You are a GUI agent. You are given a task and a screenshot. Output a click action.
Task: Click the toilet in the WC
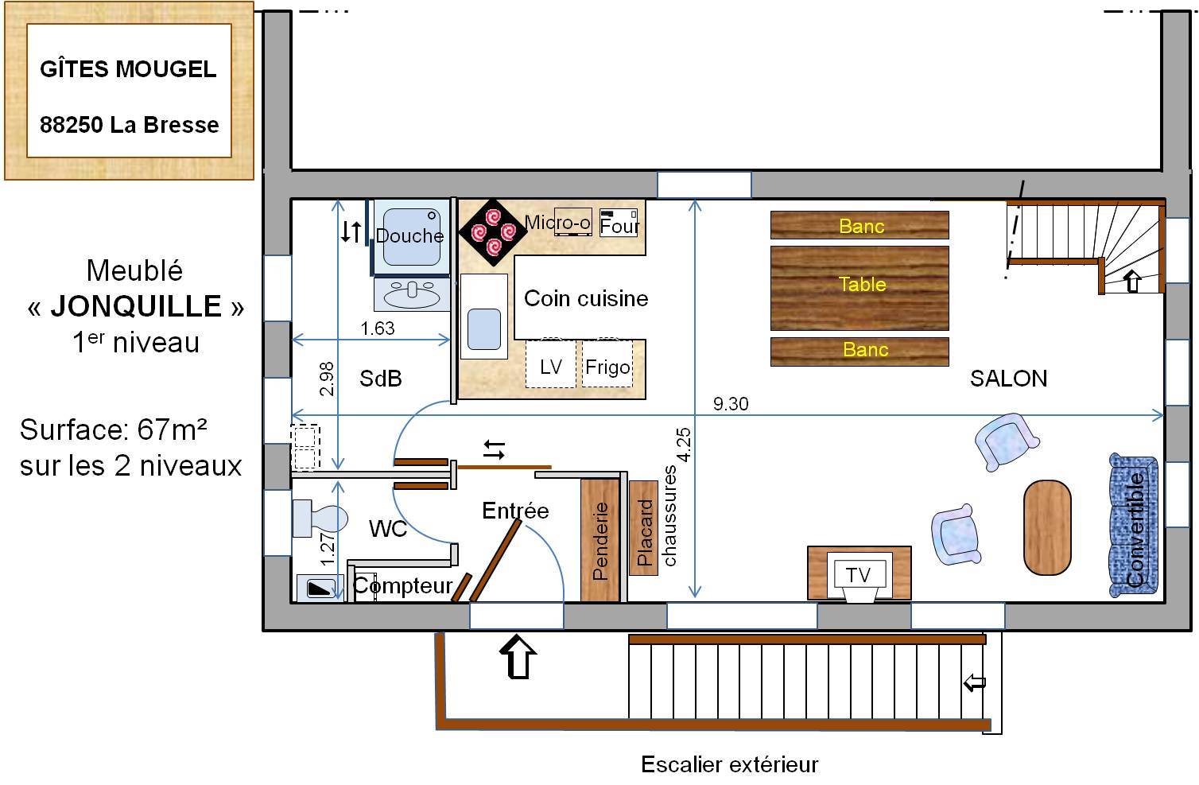point(320,519)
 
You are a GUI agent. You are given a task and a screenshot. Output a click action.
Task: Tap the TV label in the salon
point(859,575)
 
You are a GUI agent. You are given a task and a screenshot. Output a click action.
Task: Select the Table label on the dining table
point(862,285)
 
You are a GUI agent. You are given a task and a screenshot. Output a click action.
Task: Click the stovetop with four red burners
point(492,232)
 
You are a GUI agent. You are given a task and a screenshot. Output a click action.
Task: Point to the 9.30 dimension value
point(731,404)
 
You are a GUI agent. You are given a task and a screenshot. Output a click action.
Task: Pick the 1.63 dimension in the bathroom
point(378,328)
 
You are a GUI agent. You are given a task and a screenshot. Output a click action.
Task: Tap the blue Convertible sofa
point(1134,525)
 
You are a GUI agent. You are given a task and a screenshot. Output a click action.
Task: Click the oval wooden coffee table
point(1047,527)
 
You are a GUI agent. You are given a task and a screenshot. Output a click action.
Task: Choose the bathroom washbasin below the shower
point(411,294)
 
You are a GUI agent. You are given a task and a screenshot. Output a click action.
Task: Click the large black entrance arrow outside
point(518,656)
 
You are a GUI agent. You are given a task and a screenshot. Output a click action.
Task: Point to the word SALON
point(1008,379)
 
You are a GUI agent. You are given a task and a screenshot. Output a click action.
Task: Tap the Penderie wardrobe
point(600,540)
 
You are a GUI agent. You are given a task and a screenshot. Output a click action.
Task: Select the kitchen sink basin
point(484,329)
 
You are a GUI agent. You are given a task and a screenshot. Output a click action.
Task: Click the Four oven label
point(619,226)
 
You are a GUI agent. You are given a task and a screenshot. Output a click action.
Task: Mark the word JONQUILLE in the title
point(136,306)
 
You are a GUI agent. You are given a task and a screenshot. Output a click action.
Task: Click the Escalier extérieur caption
point(730,764)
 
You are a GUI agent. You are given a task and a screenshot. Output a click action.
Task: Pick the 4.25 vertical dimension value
point(684,445)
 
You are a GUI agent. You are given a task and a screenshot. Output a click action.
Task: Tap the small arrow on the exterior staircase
point(974,682)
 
